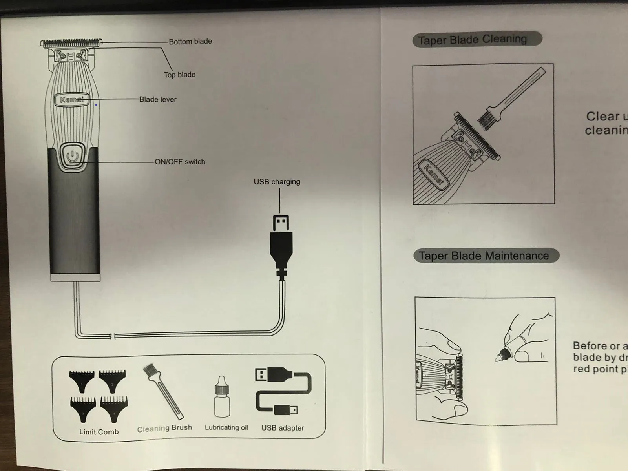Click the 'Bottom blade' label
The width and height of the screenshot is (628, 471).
coord(190,41)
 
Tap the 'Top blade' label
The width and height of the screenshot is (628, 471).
coord(179,75)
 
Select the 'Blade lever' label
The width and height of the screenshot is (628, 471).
coord(158,100)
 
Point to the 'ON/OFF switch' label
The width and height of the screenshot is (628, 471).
coord(180,162)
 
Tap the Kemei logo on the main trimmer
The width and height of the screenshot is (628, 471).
coord(71,99)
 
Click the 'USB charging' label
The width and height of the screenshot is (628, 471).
coord(277,182)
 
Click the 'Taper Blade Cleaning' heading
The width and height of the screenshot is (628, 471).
coord(472,40)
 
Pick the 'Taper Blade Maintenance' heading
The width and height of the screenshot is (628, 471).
coord(484,256)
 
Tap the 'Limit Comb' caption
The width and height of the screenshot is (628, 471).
coord(99,432)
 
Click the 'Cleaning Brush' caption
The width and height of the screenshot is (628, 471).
coord(164,428)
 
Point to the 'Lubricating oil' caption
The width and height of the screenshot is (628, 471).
coord(226,427)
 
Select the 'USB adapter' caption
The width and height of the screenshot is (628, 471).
coord(283,428)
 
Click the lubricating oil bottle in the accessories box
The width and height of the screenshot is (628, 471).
coord(222,398)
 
